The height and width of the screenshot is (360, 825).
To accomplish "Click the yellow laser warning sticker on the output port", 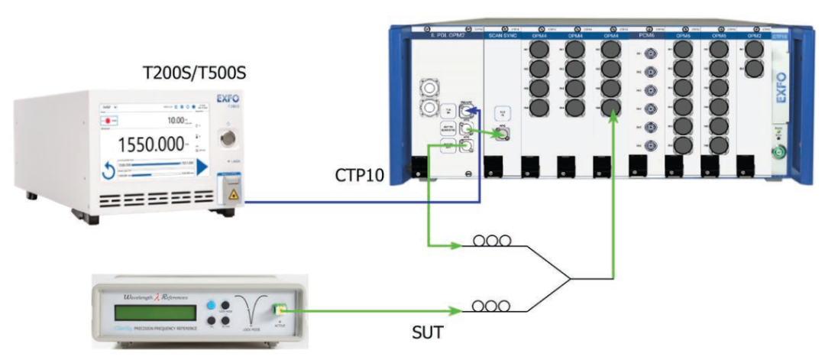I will (x=229, y=194).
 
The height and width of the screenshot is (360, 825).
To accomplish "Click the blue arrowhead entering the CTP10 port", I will (x=474, y=112).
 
